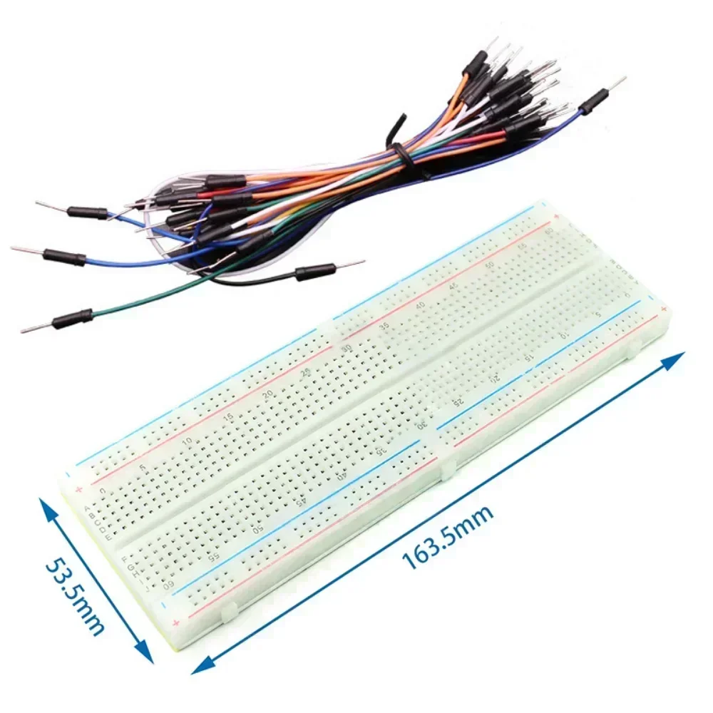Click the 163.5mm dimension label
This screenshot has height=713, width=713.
point(448,536)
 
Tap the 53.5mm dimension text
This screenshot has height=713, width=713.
point(75,595)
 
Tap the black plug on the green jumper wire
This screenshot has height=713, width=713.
point(73,318)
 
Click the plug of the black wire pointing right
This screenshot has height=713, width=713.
point(314,270)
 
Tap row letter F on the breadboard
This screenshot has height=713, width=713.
point(125,558)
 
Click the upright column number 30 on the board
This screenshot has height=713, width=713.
point(347,348)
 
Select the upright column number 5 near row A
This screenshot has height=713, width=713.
point(143,468)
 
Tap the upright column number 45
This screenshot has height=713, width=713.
point(454,285)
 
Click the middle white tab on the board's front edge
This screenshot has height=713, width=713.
point(447,468)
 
